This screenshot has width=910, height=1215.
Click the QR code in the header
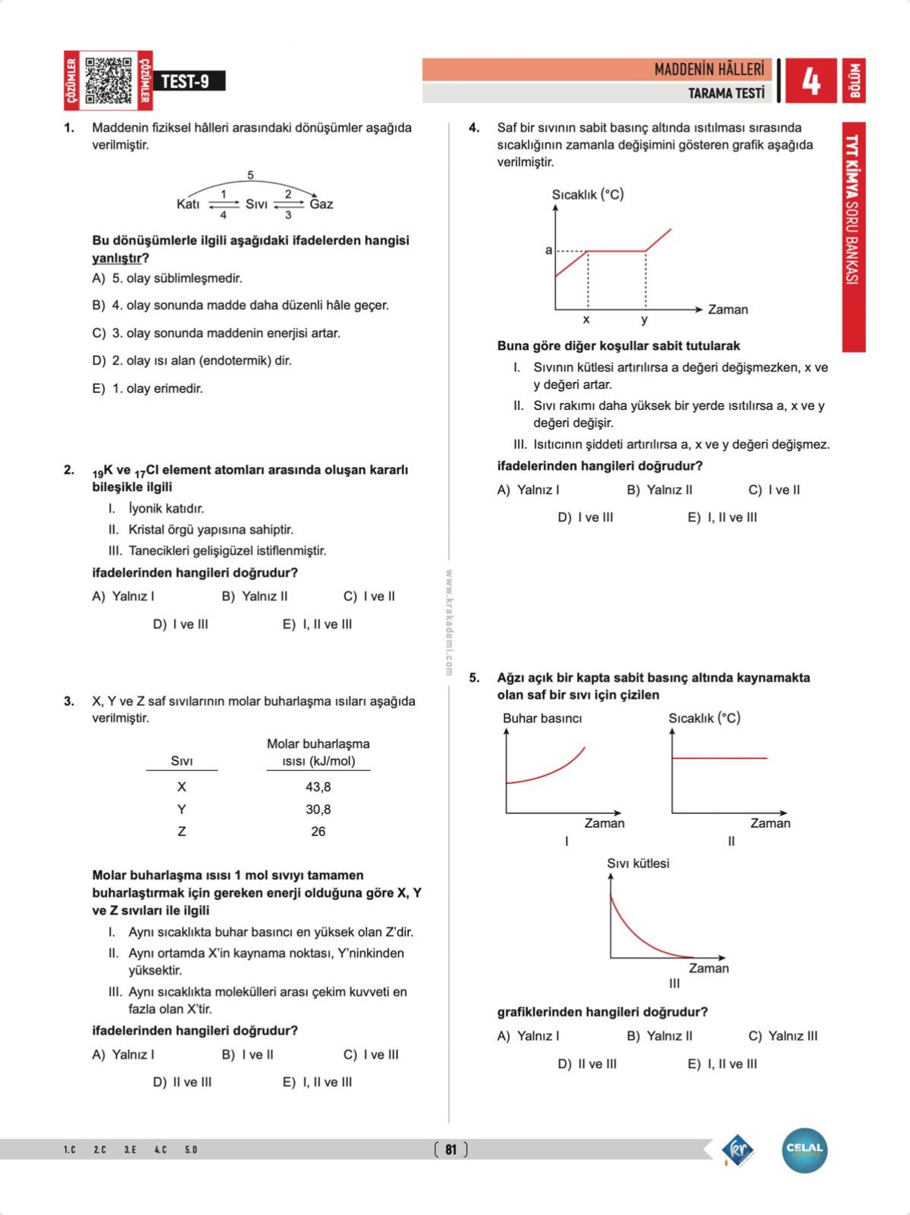pyautogui.click(x=108, y=80)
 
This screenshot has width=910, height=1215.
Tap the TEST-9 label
pyautogui.click(x=185, y=81)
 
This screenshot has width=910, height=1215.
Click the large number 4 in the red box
pyautogui.click(x=811, y=80)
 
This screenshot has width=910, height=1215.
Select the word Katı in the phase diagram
pyautogui.click(x=188, y=204)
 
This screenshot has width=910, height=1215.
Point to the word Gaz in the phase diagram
pyautogui.click(x=322, y=204)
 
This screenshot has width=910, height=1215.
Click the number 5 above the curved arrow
pyautogui.click(x=250, y=175)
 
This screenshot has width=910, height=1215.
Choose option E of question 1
pyautogui.click(x=148, y=388)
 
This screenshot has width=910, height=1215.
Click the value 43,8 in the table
pyautogui.click(x=318, y=787)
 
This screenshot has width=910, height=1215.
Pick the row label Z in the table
pyautogui.click(x=182, y=831)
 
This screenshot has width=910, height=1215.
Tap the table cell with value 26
pyautogui.click(x=318, y=831)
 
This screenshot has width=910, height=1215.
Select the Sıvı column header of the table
pyautogui.click(x=182, y=761)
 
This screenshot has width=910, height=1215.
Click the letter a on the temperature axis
pyautogui.click(x=548, y=250)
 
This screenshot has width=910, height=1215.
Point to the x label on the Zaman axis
pyautogui.click(x=586, y=320)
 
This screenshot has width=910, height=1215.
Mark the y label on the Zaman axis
pyautogui.click(x=645, y=320)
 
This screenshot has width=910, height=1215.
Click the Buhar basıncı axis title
pyautogui.click(x=542, y=719)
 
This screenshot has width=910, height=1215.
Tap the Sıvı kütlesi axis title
pyautogui.click(x=638, y=863)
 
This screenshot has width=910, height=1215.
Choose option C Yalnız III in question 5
pyautogui.click(x=783, y=1036)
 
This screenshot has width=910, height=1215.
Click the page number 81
pyautogui.click(x=451, y=1150)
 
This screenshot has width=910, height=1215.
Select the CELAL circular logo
pyautogui.click(x=805, y=1150)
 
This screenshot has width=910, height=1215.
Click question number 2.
pyautogui.click(x=69, y=470)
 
